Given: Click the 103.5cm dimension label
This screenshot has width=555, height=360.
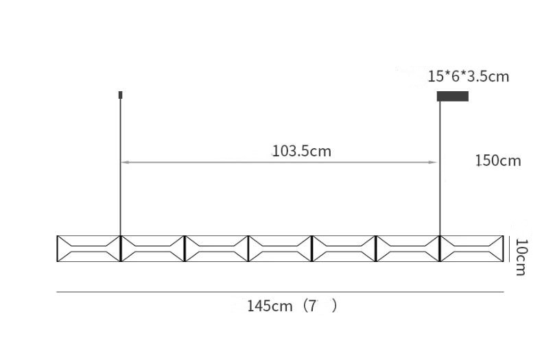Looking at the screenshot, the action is click(302, 152).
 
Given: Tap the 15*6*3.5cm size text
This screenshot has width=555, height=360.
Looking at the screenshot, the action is click(469, 77).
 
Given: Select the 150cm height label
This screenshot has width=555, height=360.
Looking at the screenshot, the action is click(498, 161).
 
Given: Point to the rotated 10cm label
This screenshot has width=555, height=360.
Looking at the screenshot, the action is click(521, 257).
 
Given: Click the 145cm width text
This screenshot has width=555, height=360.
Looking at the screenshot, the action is click(270, 306).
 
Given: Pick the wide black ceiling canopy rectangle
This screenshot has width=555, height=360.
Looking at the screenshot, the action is click(453, 96).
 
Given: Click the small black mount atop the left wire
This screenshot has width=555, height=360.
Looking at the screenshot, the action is click(120, 95).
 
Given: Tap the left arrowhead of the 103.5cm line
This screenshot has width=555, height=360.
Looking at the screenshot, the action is click(125, 163).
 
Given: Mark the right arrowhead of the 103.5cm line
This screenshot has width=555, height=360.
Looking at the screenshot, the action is click(433, 163).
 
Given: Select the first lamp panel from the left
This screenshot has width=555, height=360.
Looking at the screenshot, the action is click(88, 249).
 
